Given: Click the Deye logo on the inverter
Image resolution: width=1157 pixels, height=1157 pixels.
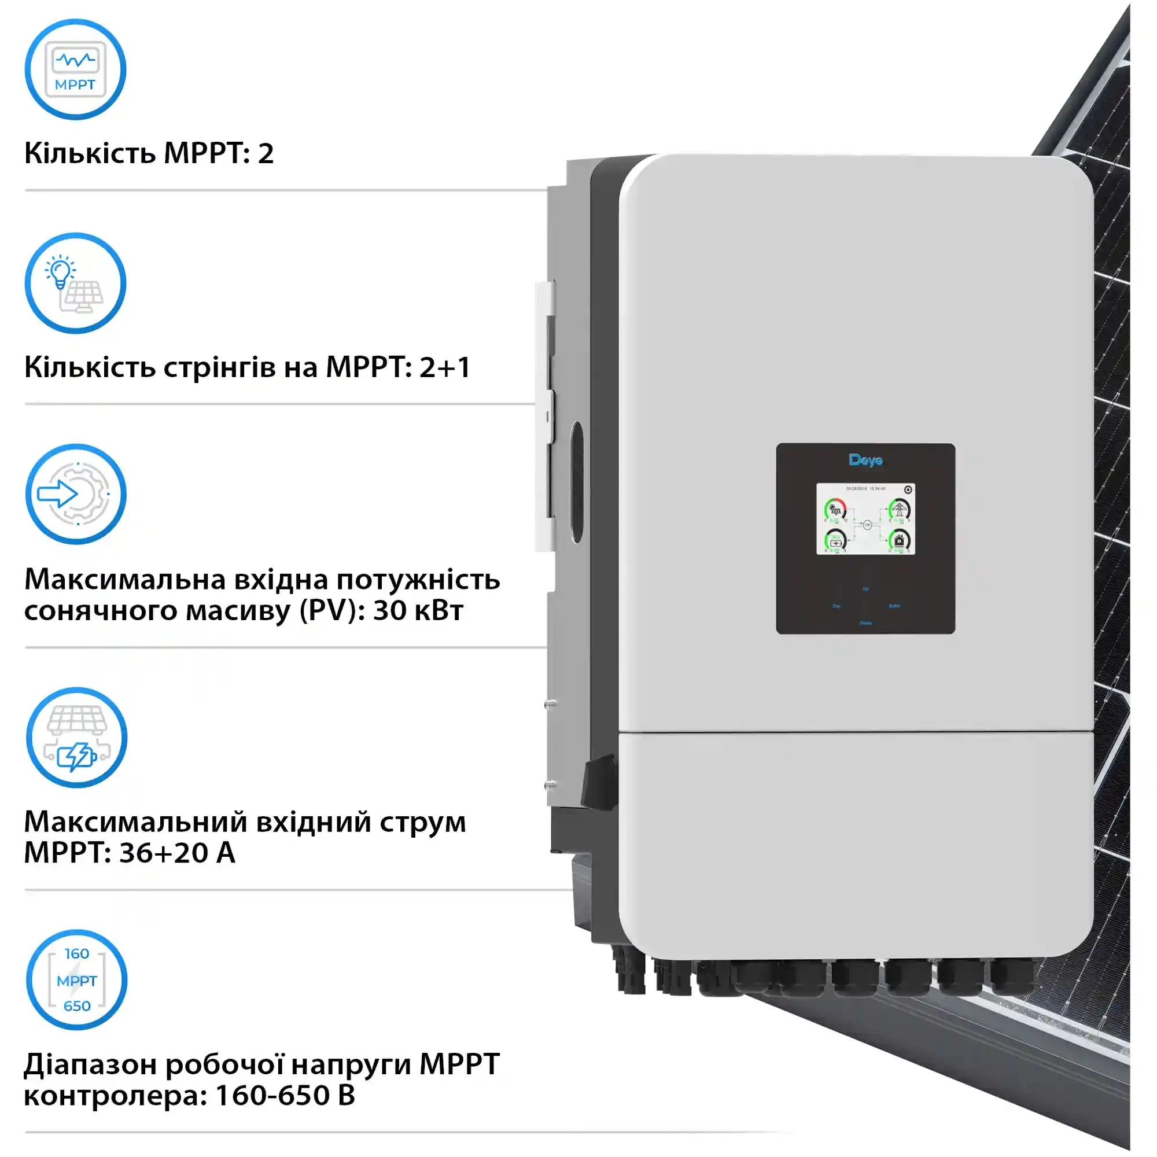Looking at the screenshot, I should click(x=865, y=460).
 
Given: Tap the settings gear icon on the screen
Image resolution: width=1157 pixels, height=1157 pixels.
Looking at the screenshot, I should click(x=908, y=490).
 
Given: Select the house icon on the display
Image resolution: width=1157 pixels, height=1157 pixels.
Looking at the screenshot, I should click(x=899, y=540).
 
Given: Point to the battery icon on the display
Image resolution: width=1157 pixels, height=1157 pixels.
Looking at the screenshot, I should click(x=835, y=541).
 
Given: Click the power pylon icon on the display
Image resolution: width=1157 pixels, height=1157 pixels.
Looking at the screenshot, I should click(x=898, y=510).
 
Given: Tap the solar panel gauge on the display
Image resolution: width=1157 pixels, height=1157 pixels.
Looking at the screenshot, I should click(x=835, y=510).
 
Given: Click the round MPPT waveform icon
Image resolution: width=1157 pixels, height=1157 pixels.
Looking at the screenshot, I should click(x=75, y=69).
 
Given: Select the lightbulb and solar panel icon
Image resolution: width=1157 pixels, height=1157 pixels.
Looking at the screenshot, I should click(x=75, y=283).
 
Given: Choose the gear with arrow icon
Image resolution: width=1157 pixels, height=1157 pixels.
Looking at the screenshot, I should click(x=76, y=494).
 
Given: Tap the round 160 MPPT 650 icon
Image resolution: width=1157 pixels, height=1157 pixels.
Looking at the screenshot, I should click(x=77, y=981).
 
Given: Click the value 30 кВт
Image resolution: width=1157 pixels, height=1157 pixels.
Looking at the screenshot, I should click(x=418, y=611).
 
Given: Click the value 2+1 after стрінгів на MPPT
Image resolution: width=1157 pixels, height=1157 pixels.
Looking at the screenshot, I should click(x=445, y=367).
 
